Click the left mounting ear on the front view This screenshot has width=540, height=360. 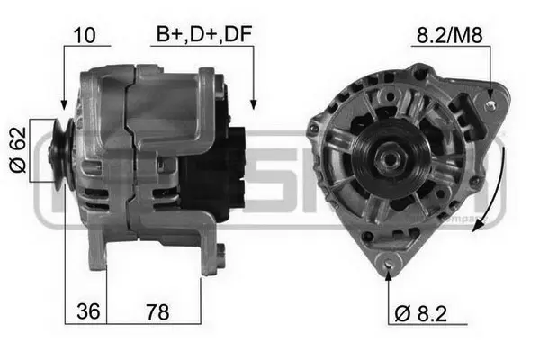pyautogui.click(x=312, y=129)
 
